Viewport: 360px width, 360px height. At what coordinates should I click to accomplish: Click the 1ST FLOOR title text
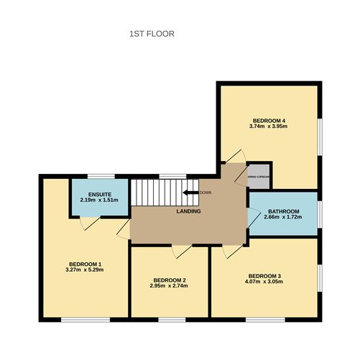(152, 34)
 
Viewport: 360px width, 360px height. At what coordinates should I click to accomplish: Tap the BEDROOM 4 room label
(268, 119)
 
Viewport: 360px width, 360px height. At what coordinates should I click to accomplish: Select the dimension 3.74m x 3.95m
(268, 126)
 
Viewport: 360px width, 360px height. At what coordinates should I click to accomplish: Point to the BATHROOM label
(282, 209)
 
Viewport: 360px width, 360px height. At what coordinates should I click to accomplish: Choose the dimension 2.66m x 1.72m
(282, 216)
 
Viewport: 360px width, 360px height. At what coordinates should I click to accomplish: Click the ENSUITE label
(98, 194)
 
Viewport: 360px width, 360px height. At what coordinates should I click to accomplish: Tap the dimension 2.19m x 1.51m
(98, 200)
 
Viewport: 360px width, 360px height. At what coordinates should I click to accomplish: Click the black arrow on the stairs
(190, 193)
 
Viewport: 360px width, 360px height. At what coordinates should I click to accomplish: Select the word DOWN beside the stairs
(206, 193)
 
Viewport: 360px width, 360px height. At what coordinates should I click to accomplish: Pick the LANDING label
(188, 211)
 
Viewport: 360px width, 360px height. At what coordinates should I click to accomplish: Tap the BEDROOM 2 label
(170, 280)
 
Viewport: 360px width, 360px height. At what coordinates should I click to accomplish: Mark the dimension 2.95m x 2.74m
(170, 287)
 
